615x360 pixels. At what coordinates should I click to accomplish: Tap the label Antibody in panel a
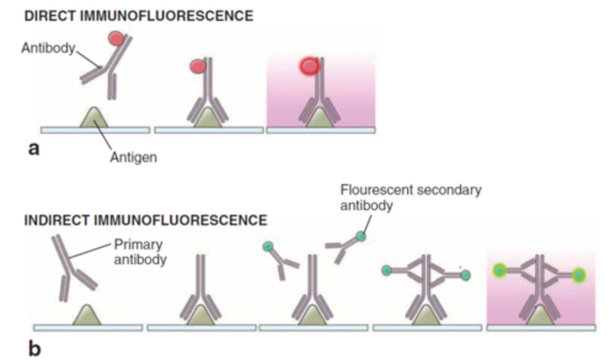click(48, 48)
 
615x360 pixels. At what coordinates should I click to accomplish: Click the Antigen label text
click(133, 157)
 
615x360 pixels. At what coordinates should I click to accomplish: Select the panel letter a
click(33, 149)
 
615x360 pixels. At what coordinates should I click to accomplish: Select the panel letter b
click(34, 348)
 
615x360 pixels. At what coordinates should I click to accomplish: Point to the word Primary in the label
click(138, 245)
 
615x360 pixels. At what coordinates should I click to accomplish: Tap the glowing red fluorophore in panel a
click(309, 66)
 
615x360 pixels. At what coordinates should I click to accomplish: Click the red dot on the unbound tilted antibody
click(117, 38)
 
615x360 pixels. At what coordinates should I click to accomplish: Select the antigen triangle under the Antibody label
click(94, 118)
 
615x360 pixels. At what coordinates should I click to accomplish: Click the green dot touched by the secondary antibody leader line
click(361, 236)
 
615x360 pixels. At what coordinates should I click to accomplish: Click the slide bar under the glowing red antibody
click(320, 130)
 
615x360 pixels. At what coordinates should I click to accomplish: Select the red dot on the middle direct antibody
click(197, 66)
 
